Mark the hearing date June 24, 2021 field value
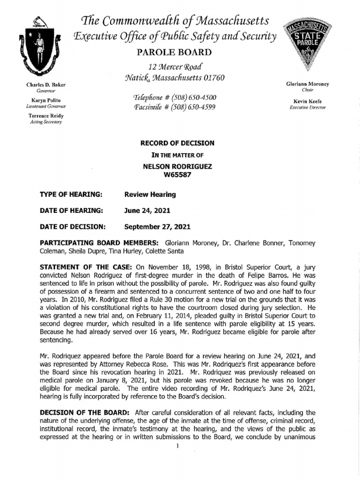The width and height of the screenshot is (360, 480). coord(148,210)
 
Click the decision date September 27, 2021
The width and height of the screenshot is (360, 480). coord(157,227)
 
